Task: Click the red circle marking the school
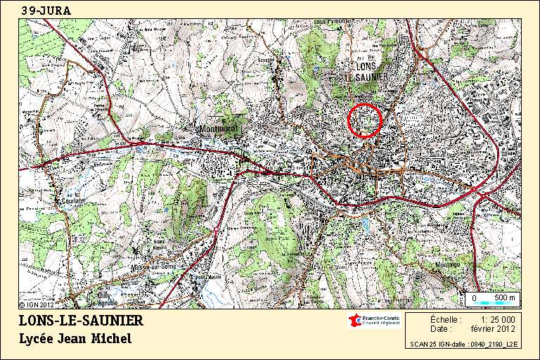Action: (x=364, y=120)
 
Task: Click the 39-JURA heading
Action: (x=46, y=11)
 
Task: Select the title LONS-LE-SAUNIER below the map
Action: (x=81, y=321)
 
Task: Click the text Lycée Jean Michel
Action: (x=75, y=339)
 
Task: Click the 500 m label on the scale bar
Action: (x=504, y=298)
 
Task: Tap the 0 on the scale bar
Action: (x=474, y=298)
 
